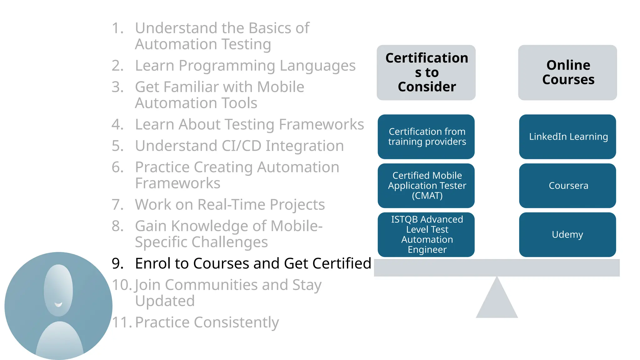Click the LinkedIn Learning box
tap(567, 137)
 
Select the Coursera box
tap(567, 186)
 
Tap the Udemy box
tap(567, 235)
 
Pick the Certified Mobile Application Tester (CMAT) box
tap(426, 186)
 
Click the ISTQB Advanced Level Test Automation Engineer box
tap(426, 235)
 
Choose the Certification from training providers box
tap(426, 137)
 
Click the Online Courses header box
tap(567, 72)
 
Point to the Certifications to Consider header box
tap(426, 72)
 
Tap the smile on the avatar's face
tap(58, 304)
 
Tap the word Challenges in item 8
tap(230, 242)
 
